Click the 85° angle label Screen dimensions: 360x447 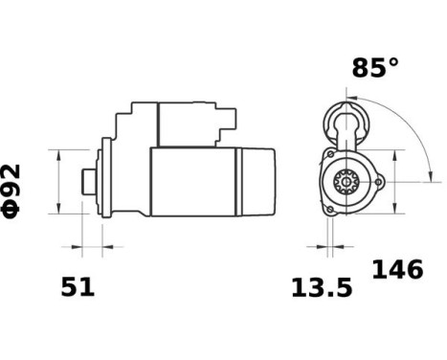(x=374, y=68)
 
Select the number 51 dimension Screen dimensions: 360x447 (x=78, y=286)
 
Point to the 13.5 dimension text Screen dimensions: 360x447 (x=323, y=286)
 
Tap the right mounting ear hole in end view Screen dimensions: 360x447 (x=377, y=180)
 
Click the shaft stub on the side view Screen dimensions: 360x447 (x=86, y=182)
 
